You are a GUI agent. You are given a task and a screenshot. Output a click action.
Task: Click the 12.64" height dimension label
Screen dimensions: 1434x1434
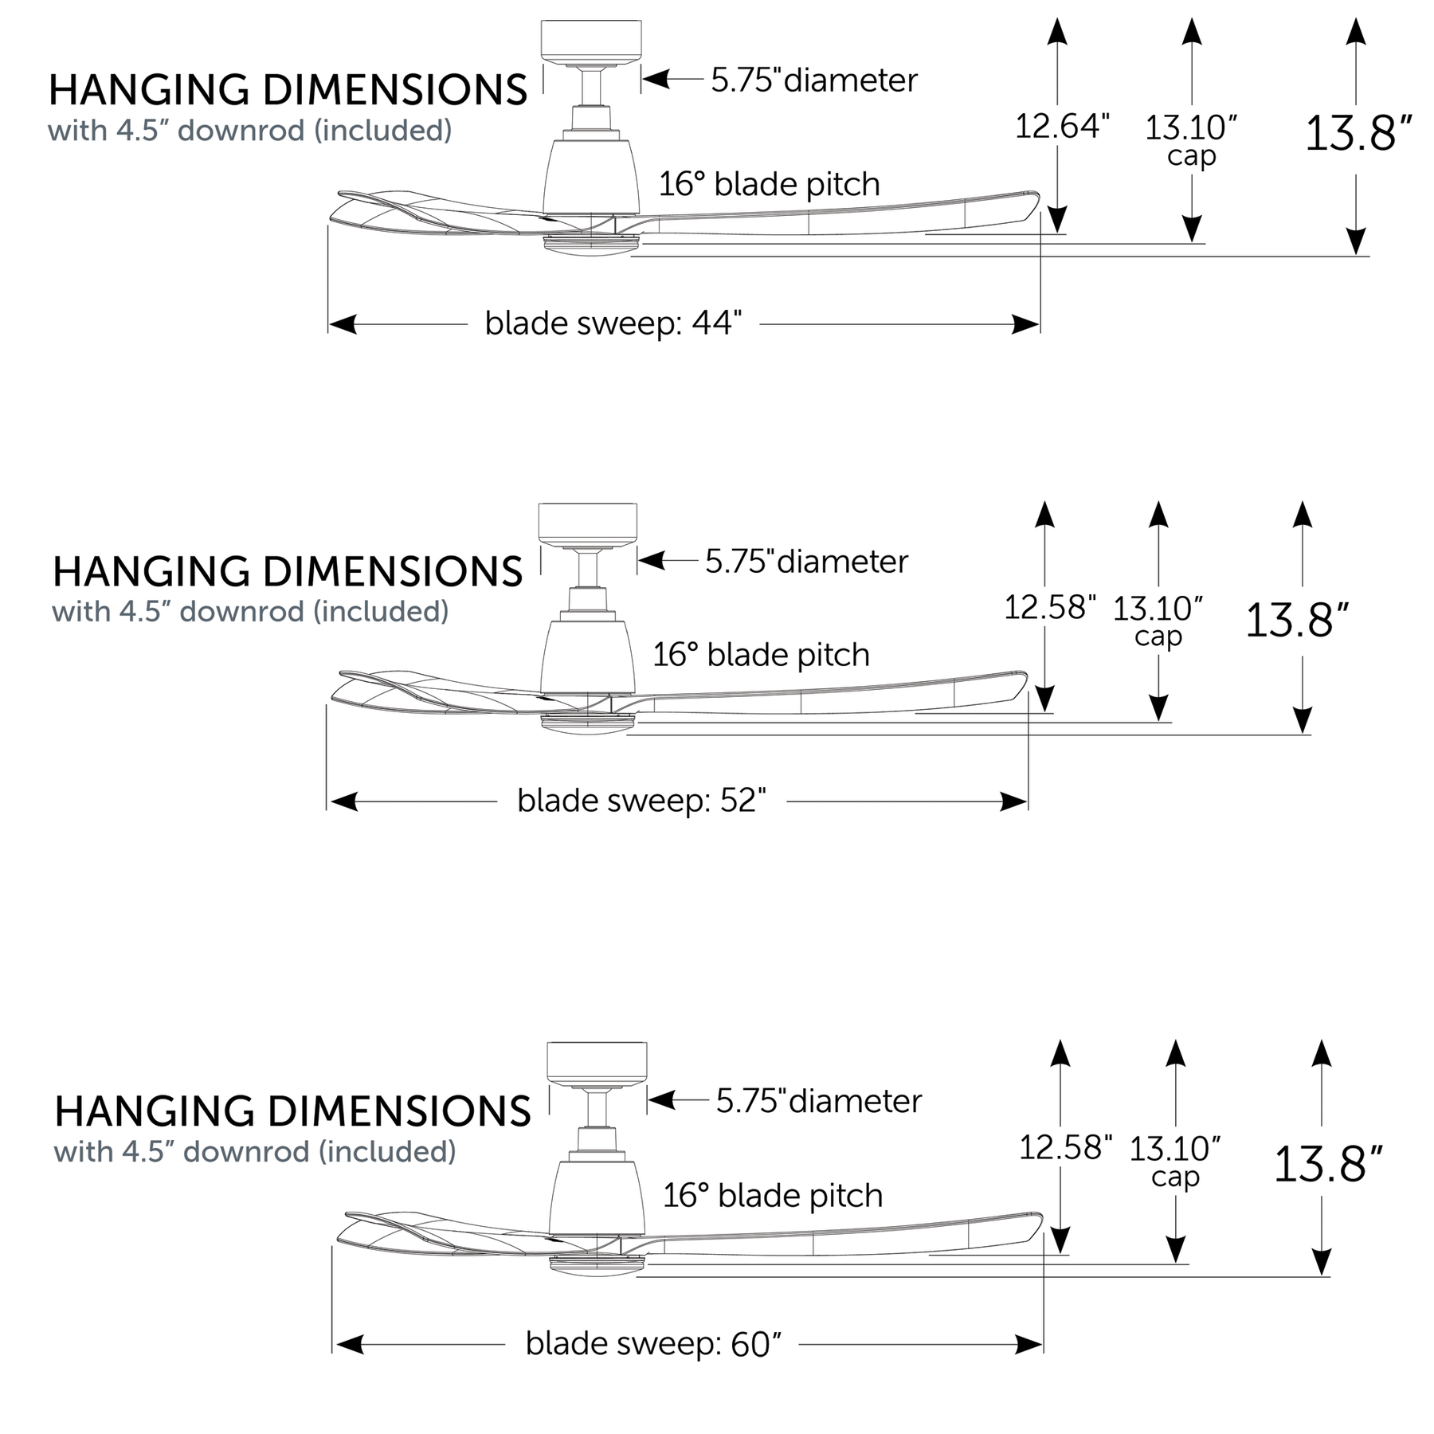(1062, 126)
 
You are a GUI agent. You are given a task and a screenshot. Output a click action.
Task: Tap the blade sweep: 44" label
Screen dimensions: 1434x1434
(614, 323)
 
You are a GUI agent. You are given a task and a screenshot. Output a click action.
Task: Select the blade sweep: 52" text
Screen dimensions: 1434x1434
(641, 800)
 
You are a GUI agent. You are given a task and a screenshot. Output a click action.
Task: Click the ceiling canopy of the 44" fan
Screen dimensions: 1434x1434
(591, 41)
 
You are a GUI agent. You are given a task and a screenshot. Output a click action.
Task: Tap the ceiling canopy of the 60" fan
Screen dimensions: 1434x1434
(597, 1063)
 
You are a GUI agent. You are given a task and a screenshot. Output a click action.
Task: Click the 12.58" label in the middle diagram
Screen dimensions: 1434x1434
(1049, 607)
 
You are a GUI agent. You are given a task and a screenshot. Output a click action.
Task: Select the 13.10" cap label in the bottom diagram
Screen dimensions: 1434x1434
(1175, 1161)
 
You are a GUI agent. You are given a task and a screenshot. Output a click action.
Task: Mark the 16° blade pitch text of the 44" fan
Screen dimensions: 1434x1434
(769, 184)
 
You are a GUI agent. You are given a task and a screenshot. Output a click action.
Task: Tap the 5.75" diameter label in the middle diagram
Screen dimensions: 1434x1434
(806, 562)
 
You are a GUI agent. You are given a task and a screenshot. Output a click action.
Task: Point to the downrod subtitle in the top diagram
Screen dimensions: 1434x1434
(249, 130)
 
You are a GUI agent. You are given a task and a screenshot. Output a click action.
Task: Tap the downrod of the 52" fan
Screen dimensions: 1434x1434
(588, 569)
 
